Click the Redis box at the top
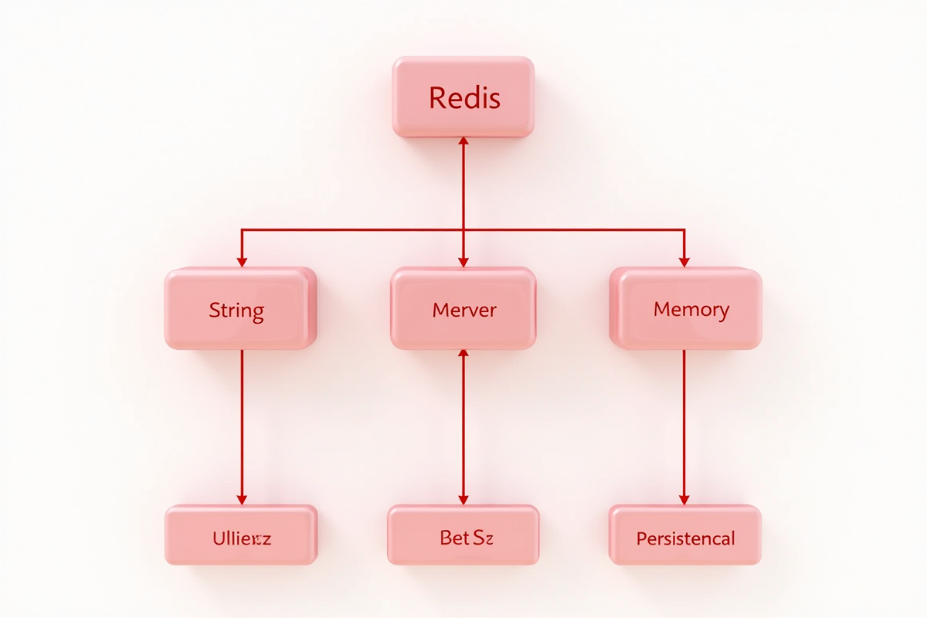pos(463,97)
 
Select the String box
pos(240,309)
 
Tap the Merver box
pos(463,309)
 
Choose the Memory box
pos(686,309)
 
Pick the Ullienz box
pos(240,535)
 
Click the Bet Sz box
pos(463,535)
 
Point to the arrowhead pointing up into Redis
pos(463,144)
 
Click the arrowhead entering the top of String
pos(241,261)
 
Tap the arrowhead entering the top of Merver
pos(463,261)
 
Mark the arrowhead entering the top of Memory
pos(684,261)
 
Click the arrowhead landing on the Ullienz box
pos(241,499)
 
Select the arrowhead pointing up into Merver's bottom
pos(463,355)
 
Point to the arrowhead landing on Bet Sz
pos(463,499)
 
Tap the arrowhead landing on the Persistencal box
pos(684,499)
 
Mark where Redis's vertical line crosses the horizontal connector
pos(463,229)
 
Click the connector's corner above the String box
pos(241,229)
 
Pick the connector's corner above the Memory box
pos(684,229)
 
